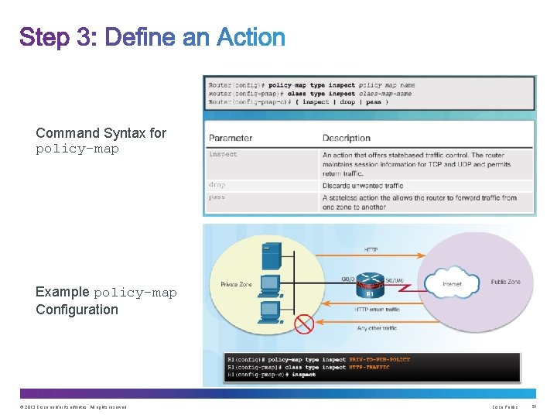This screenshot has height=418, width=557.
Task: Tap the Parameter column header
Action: click(231, 139)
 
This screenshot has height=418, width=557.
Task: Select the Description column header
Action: click(346, 139)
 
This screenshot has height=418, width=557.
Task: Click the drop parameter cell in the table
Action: click(217, 186)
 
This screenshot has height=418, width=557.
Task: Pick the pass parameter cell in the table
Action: click(217, 197)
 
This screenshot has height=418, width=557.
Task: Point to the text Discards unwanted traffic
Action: click(363, 186)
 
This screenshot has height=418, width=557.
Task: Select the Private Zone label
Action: click(237, 284)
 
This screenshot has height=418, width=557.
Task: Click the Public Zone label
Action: click(504, 282)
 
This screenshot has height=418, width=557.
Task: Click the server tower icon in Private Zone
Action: click(271, 255)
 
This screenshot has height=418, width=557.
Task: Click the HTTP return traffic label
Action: click(377, 310)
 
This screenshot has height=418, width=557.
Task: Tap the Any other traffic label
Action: click(378, 328)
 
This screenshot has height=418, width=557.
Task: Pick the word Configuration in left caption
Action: click(77, 310)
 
